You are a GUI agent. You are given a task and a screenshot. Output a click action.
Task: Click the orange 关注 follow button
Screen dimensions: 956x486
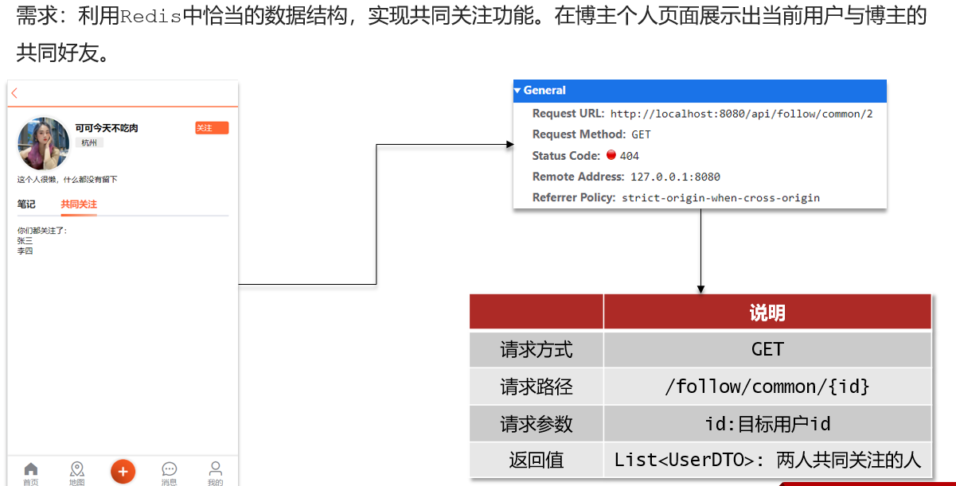click(212, 128)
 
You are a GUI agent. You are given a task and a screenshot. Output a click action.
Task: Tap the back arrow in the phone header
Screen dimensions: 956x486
click(14, 93)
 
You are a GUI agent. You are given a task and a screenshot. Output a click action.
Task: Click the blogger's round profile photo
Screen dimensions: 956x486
click(43, 144)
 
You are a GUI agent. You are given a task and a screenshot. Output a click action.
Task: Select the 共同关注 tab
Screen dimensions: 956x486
click(79, 204)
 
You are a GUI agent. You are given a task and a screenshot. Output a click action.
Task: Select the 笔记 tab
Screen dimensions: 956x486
click(26, 204)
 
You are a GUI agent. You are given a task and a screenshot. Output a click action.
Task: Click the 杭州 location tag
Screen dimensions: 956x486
click(89, 143)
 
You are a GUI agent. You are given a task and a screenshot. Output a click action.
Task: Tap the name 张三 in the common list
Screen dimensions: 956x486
click(25, 241)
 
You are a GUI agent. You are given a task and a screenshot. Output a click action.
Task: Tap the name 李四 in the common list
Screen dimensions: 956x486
click(25, 251)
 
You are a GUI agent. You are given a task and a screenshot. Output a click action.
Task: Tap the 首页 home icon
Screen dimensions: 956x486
click(31, 469)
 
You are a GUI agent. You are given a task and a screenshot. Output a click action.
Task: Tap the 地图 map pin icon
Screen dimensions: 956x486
click(77, 469)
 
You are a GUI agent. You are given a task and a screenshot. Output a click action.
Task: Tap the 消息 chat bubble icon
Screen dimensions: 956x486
click(170, 469)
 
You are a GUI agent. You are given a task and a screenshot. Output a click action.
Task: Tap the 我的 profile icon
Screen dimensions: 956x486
click(216, 469)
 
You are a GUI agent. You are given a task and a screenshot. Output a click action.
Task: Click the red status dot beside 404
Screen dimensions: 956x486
click(611, 155)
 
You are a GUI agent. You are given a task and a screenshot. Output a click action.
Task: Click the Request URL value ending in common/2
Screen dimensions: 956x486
click(741, 114)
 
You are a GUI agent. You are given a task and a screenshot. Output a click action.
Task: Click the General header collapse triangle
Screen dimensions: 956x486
click(517, 91)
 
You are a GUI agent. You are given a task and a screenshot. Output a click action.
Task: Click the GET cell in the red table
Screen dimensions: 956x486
click(767, 349)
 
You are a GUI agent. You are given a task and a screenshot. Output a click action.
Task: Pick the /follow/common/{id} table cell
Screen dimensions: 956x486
click(767, 387)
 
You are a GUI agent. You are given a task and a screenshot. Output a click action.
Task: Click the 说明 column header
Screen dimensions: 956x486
click(767, 313)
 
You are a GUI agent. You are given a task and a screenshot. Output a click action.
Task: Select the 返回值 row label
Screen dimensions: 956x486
click(537, 461)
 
